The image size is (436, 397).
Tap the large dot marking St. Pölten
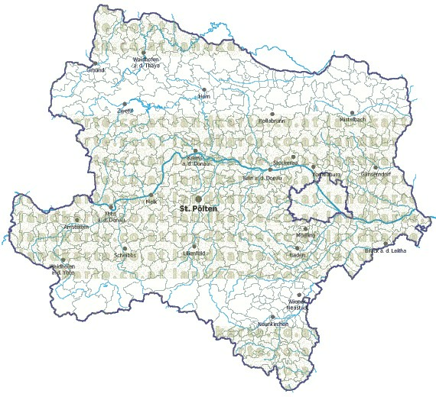[x=199, y=198]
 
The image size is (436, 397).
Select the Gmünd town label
[x=96, y=69]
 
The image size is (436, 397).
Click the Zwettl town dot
[x=125, y=104]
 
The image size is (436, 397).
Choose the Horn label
[x=203, y=98]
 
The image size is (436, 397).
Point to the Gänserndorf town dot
[x=375, y=167]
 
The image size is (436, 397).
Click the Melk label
[x=151, y=201]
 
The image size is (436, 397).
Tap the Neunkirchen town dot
[x=272, y=317]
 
